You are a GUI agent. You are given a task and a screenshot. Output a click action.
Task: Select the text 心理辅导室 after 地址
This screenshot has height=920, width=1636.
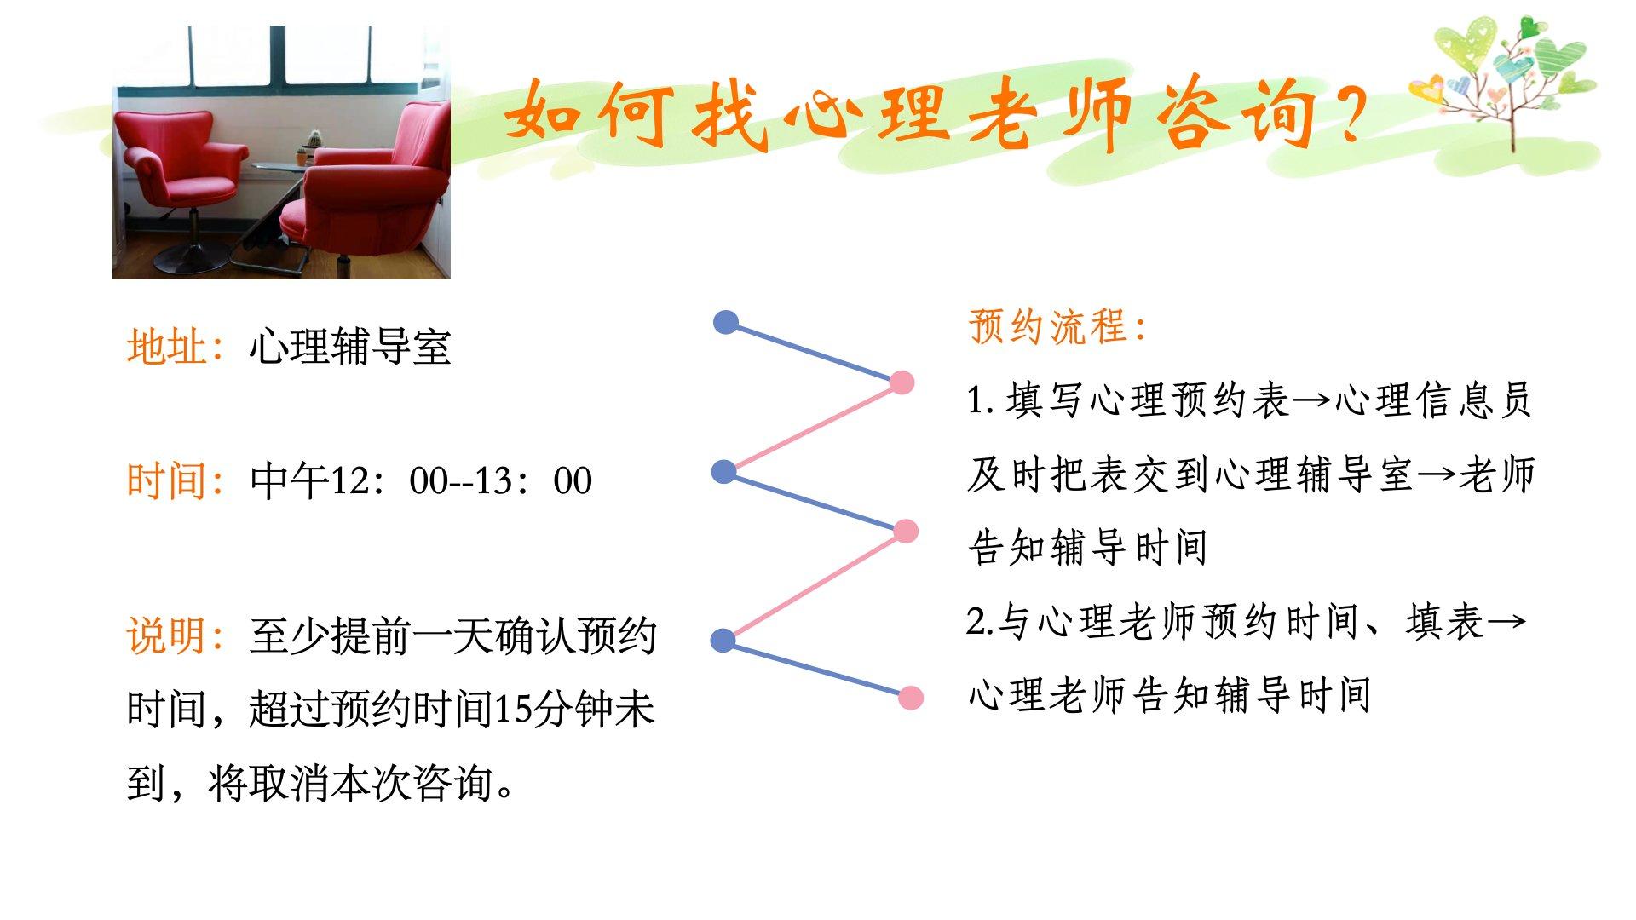350,347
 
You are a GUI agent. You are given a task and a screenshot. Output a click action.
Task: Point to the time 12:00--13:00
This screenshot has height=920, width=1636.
461,481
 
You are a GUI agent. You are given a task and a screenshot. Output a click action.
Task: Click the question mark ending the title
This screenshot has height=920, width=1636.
1347,113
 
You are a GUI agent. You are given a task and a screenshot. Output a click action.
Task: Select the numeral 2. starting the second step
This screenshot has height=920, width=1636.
981,622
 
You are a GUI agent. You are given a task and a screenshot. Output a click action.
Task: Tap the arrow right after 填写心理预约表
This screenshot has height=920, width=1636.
1312,400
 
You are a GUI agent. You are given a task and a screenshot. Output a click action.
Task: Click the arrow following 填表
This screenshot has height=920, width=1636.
1506,622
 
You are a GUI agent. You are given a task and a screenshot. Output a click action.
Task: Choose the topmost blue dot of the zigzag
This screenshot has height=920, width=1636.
726,322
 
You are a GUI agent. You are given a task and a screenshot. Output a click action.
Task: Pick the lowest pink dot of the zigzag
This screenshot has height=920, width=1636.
911,698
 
